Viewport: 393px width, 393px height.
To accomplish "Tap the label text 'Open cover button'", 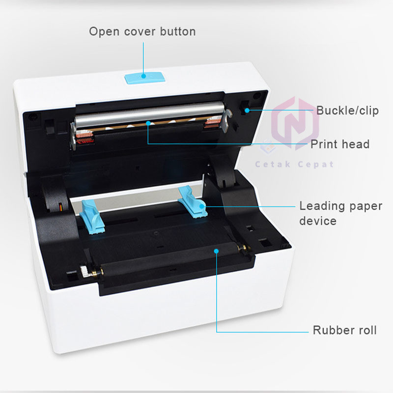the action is point(142,31).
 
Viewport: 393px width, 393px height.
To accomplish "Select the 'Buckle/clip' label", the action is point(347,111).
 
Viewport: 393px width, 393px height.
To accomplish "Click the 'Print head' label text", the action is point(339,144).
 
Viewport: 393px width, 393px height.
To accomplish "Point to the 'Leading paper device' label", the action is point(340,213).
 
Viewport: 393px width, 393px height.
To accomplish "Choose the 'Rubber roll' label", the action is point(345,330).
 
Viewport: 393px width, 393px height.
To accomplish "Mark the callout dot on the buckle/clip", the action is point(248,111).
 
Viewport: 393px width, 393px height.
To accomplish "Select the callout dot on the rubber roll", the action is point(216,251).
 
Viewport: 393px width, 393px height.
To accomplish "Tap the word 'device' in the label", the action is point(318,221).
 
